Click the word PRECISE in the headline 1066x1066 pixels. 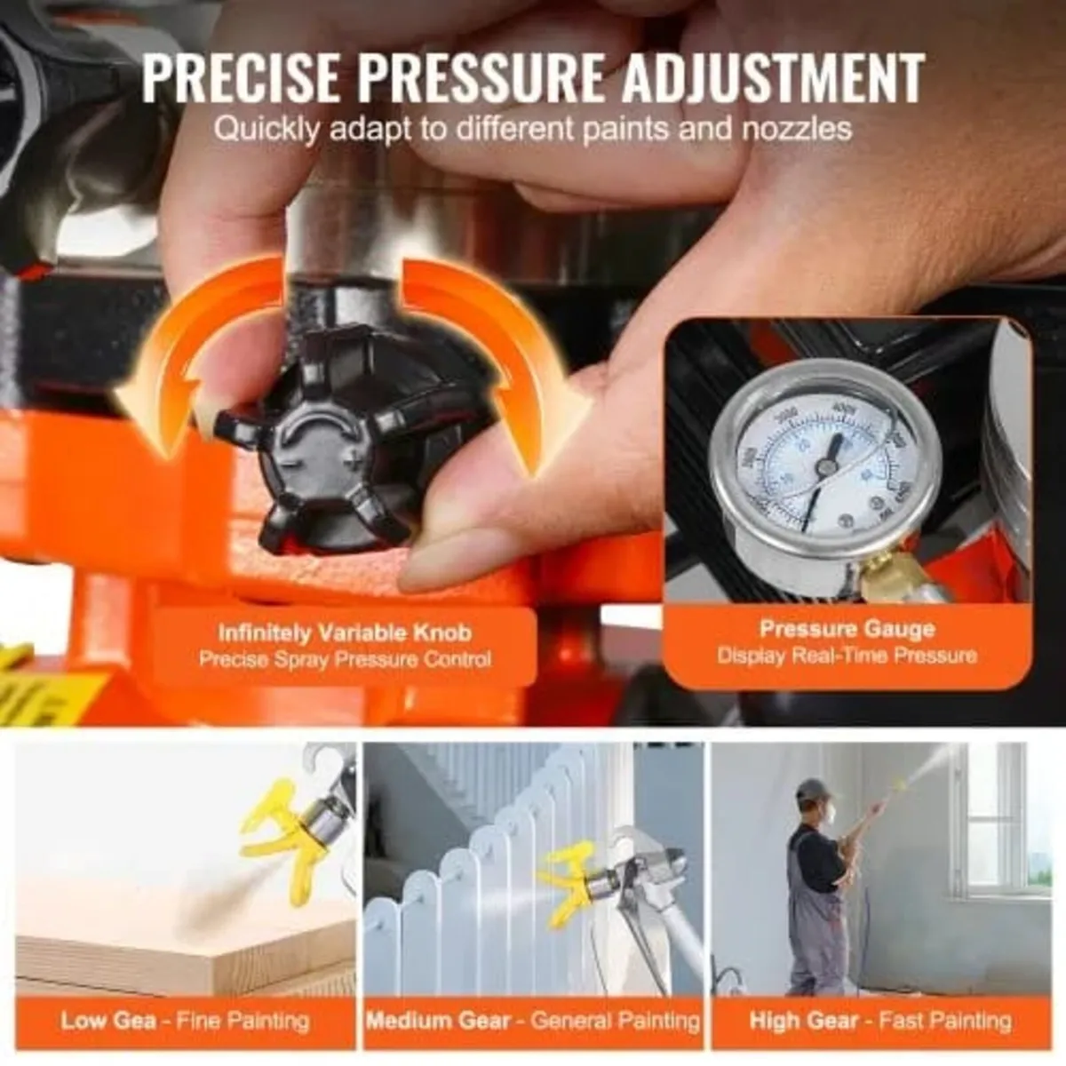242,78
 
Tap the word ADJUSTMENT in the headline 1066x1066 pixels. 771,78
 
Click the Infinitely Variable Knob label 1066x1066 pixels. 345,632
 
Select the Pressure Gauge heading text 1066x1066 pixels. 847,629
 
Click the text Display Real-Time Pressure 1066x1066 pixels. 847,656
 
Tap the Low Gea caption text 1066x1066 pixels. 108,1020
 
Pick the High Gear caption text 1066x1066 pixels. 804,1020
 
